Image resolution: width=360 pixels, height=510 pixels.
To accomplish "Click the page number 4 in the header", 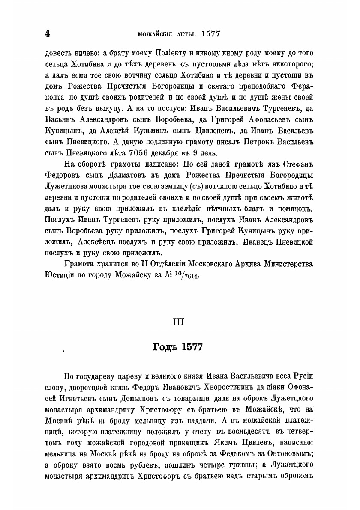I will pos(48,34).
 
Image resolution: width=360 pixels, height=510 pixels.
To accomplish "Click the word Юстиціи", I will pos(59,275).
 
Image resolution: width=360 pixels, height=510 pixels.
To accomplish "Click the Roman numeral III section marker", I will pos(179,322).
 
